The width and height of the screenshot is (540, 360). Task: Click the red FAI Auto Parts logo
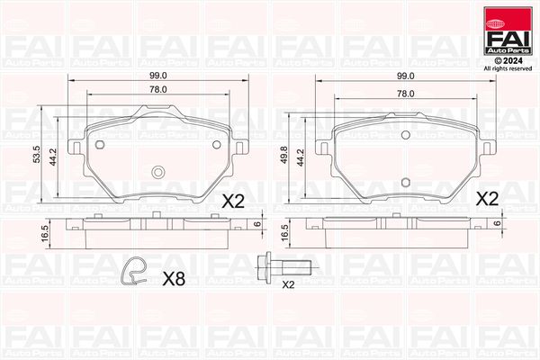point(508,31)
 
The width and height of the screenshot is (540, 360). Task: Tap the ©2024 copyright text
point(508,61)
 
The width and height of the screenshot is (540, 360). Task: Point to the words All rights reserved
point(508,69)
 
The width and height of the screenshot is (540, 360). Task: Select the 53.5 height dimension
point(37,154)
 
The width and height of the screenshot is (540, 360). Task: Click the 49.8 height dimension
point(284,155)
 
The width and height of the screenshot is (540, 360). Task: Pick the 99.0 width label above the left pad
point(157,75)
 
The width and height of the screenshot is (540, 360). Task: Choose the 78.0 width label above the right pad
point(405,94)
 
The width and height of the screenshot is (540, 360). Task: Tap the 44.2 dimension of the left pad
point(53,157)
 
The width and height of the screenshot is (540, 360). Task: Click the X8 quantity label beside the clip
point(174,279)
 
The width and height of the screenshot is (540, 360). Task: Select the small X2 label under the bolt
point(288,285)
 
